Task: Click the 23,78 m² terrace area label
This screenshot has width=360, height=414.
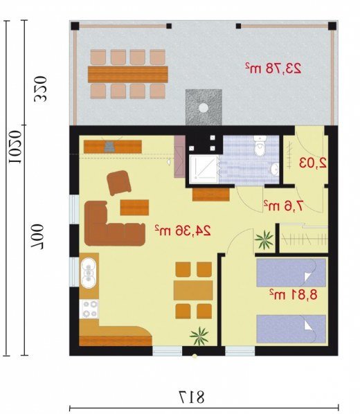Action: [273, 69]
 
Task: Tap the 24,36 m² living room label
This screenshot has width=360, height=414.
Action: [183, 231]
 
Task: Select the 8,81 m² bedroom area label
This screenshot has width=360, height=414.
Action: [293, 294]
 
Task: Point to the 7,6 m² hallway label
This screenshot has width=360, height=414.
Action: [284, 205]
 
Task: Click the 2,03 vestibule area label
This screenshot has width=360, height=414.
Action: [313, 163]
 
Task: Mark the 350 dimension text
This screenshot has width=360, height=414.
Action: [40, 89]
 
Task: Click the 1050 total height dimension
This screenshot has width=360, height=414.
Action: [15, 147]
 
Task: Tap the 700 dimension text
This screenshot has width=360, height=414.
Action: [37, 237]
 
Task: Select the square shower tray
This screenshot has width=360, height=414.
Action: [204, 169]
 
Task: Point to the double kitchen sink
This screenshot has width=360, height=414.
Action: [89, 273]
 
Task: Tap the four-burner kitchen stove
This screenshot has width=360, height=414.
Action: [89, 309]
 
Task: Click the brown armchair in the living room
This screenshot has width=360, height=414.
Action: [119, 183]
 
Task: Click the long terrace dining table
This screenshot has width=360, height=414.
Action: [128, 74]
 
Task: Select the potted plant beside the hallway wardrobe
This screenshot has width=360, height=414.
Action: [264, 240]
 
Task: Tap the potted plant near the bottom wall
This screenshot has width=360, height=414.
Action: [199, 336]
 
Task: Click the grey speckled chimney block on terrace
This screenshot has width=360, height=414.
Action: [204, 107]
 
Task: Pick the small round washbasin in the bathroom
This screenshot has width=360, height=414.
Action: [275, 168]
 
